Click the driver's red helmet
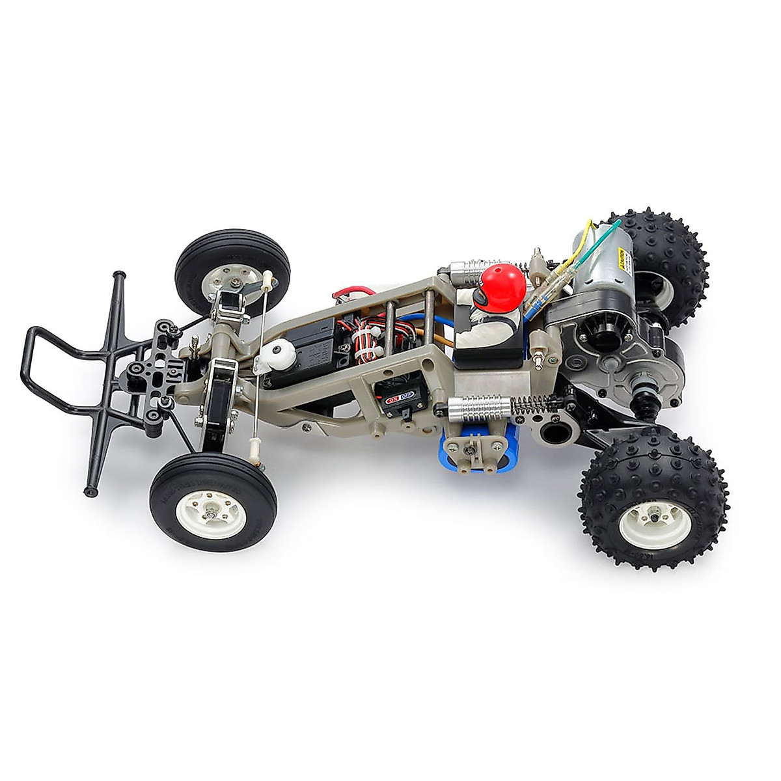click(x=502, y=286)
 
